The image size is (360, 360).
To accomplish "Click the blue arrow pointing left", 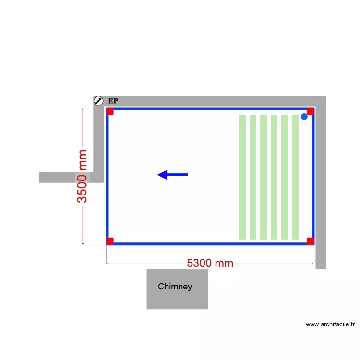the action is coord(172,175).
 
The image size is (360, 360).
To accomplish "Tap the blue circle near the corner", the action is coord(304,117).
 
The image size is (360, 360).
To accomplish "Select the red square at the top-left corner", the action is coord(110,111).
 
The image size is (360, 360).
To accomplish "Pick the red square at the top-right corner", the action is coord(311,111).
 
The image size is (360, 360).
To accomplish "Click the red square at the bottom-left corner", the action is coord(110,241).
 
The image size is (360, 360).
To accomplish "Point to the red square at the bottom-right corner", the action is coord(311,241).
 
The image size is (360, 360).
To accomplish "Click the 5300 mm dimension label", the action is coord(210,263).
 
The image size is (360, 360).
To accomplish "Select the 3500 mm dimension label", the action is coord(82,176).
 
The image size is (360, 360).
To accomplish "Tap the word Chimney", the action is coord(175,287).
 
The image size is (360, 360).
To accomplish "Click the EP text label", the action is coord(113,101).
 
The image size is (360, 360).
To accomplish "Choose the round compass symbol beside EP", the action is coord(98,101).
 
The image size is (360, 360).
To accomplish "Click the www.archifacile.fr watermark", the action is coord(330,324).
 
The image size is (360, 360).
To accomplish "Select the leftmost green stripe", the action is coord(242,177).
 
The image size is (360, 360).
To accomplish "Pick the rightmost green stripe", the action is coord(295,177).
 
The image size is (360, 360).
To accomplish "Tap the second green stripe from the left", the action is coord(253,177).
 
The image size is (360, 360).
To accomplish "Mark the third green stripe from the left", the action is coord(264,177).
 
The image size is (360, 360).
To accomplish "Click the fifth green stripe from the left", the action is coord(285,177).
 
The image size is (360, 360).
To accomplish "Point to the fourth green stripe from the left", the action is coord(274,177).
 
